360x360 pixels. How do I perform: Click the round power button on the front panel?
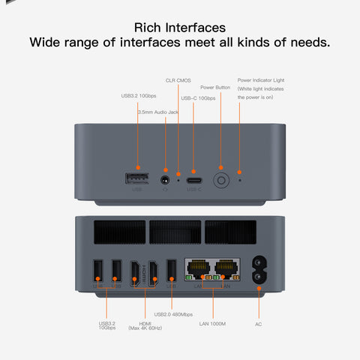click(220, 180)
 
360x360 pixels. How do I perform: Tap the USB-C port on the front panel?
click(194, 180)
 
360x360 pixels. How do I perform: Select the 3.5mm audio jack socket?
click(166, 180)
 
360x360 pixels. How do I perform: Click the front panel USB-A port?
click(137, 179)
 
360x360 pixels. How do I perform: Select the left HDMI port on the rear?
click(135, 271)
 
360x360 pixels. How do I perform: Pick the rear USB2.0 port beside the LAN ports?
click(172, 271)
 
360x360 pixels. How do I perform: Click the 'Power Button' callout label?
click(215, 87)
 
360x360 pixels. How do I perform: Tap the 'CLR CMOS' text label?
click(178, 79)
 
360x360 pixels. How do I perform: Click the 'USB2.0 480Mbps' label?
click(173, 314)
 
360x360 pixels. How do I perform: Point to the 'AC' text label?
click(258, 324)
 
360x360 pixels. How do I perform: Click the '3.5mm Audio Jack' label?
click(158, 112)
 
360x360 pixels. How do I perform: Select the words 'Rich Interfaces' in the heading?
click(179, 27)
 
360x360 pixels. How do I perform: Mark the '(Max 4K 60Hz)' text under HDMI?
click(145, 328)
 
